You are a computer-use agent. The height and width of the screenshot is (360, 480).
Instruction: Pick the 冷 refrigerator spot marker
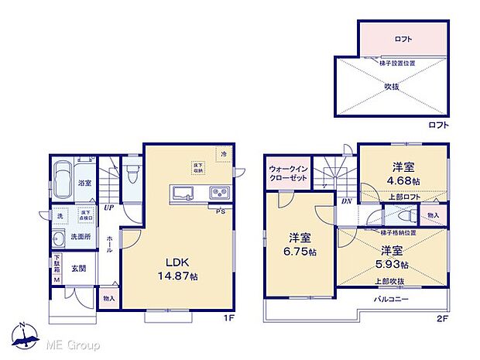[x=224, y=155]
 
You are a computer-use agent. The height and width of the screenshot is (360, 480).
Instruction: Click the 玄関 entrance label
[x=78, y=269]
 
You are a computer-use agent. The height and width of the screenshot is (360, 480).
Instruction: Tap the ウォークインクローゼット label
[x=289, y=173]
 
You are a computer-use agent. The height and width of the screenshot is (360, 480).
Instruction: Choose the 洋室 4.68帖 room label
[x=403, y=174]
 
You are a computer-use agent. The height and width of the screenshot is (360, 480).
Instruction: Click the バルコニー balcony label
[x=391, y=298]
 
